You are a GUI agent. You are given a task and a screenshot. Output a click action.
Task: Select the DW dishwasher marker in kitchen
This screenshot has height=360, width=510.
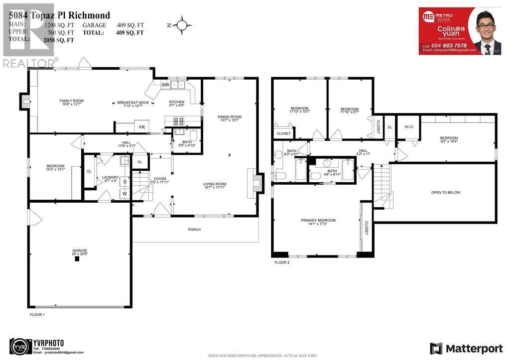coord(165,85)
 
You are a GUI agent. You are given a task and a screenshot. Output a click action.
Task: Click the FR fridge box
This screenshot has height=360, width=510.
coord(141,127)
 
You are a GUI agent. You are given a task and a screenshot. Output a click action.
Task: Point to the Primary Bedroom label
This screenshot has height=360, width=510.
coord(318,222)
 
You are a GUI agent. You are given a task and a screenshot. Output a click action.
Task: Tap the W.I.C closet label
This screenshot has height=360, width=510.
coord(409,126)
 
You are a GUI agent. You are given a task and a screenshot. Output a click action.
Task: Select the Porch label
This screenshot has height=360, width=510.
coord(194,230)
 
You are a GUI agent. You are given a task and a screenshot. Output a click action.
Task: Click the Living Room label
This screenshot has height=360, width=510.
coord(215,186)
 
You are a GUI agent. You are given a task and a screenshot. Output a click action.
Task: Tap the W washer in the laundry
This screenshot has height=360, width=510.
coord(125,193)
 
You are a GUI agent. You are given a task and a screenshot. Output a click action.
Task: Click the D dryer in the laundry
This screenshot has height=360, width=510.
coord(125,181)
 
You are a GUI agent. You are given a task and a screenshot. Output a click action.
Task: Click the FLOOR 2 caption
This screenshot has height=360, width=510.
coord(281,262)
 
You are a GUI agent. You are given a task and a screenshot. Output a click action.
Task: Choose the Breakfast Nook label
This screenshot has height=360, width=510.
coord(133,104)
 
